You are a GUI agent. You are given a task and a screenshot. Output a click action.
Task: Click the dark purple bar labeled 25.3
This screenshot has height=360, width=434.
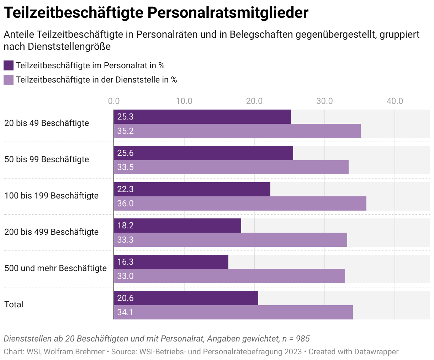203,117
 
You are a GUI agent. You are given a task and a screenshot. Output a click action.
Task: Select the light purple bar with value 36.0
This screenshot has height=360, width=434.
240,203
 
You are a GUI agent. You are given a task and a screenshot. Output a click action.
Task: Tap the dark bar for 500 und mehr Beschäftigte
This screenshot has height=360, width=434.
171,262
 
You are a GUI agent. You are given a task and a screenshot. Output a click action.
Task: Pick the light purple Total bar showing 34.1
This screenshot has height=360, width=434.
233,312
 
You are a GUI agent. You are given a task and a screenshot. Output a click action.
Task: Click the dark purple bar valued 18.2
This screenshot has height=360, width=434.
178,226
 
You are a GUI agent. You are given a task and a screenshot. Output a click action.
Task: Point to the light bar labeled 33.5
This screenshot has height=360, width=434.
231,167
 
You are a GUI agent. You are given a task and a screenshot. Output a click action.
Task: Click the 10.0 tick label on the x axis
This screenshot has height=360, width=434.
184,101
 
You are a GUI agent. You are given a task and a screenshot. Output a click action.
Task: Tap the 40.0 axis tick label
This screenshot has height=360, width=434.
395,101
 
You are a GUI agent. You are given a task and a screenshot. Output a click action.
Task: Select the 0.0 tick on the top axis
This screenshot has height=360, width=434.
114,101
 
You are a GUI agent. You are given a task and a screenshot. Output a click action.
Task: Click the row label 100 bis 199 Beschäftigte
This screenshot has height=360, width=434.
52,196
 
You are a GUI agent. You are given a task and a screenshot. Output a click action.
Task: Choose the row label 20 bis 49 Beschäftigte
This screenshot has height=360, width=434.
47,123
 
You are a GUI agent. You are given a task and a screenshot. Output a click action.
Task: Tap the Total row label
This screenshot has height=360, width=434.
14,305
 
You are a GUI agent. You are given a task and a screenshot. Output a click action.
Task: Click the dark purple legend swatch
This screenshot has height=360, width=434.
9,65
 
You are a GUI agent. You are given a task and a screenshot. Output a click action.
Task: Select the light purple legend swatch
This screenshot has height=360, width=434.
9,80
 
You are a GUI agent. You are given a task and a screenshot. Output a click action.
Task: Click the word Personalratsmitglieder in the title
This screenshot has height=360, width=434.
228,13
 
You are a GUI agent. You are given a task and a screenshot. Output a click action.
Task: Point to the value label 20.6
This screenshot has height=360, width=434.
125,298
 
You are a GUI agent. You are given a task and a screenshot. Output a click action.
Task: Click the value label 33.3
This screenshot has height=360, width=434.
125,240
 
